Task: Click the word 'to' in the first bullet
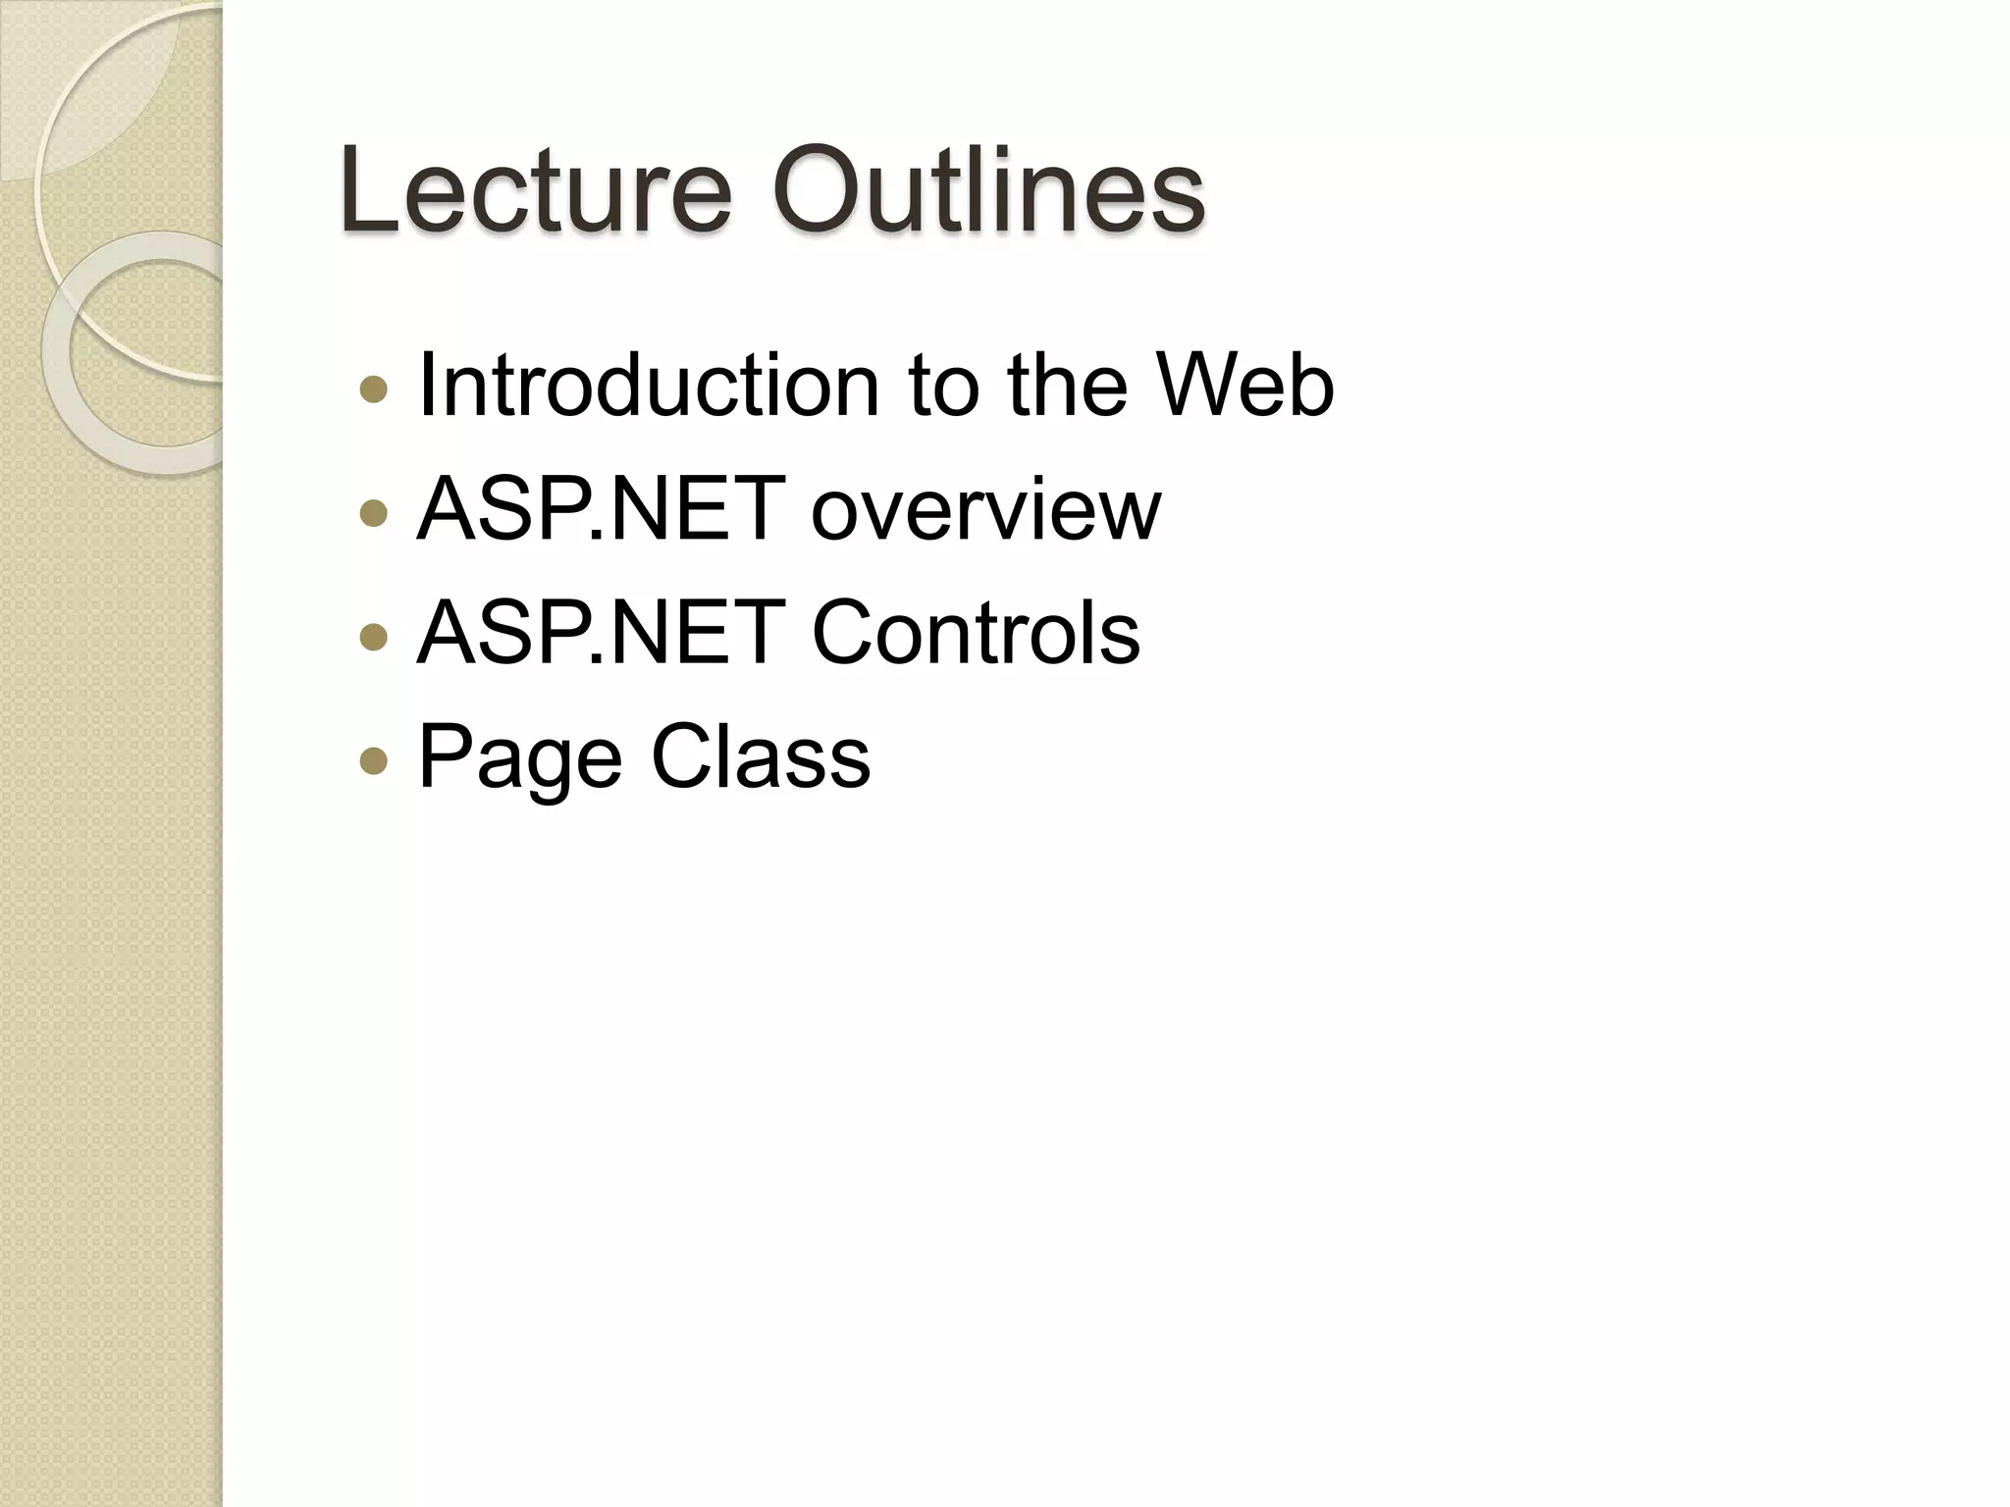click(x=943, y=388)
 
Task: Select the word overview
click(x=985, y=510)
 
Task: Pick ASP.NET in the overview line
click(x=601, y=509)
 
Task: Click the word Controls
click(x=976, y=633)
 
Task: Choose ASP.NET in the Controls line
click(x=601, y=633)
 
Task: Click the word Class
click(x=761, y=756)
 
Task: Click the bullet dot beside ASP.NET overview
click(x=374, y=514)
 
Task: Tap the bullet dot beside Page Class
click(x=374, y=761)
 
